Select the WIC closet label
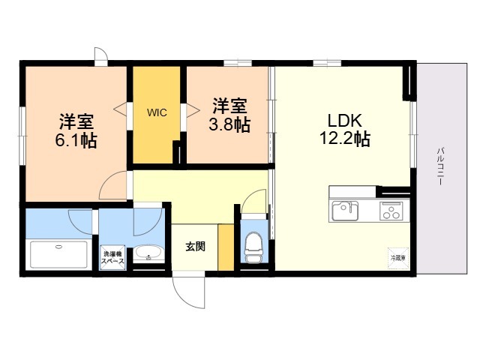[x=157, y=112]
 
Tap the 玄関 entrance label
[x=196, y=246]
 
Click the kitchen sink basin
[x=346, y=210]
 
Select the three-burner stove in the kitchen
[x=392, y=211]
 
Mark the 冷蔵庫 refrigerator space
[x=397, y=257]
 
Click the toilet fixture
[x=253, y=244]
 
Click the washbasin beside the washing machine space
[x=148, y=253]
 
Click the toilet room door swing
[x=255, y=201]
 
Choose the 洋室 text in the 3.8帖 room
[x=230, y=105]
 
